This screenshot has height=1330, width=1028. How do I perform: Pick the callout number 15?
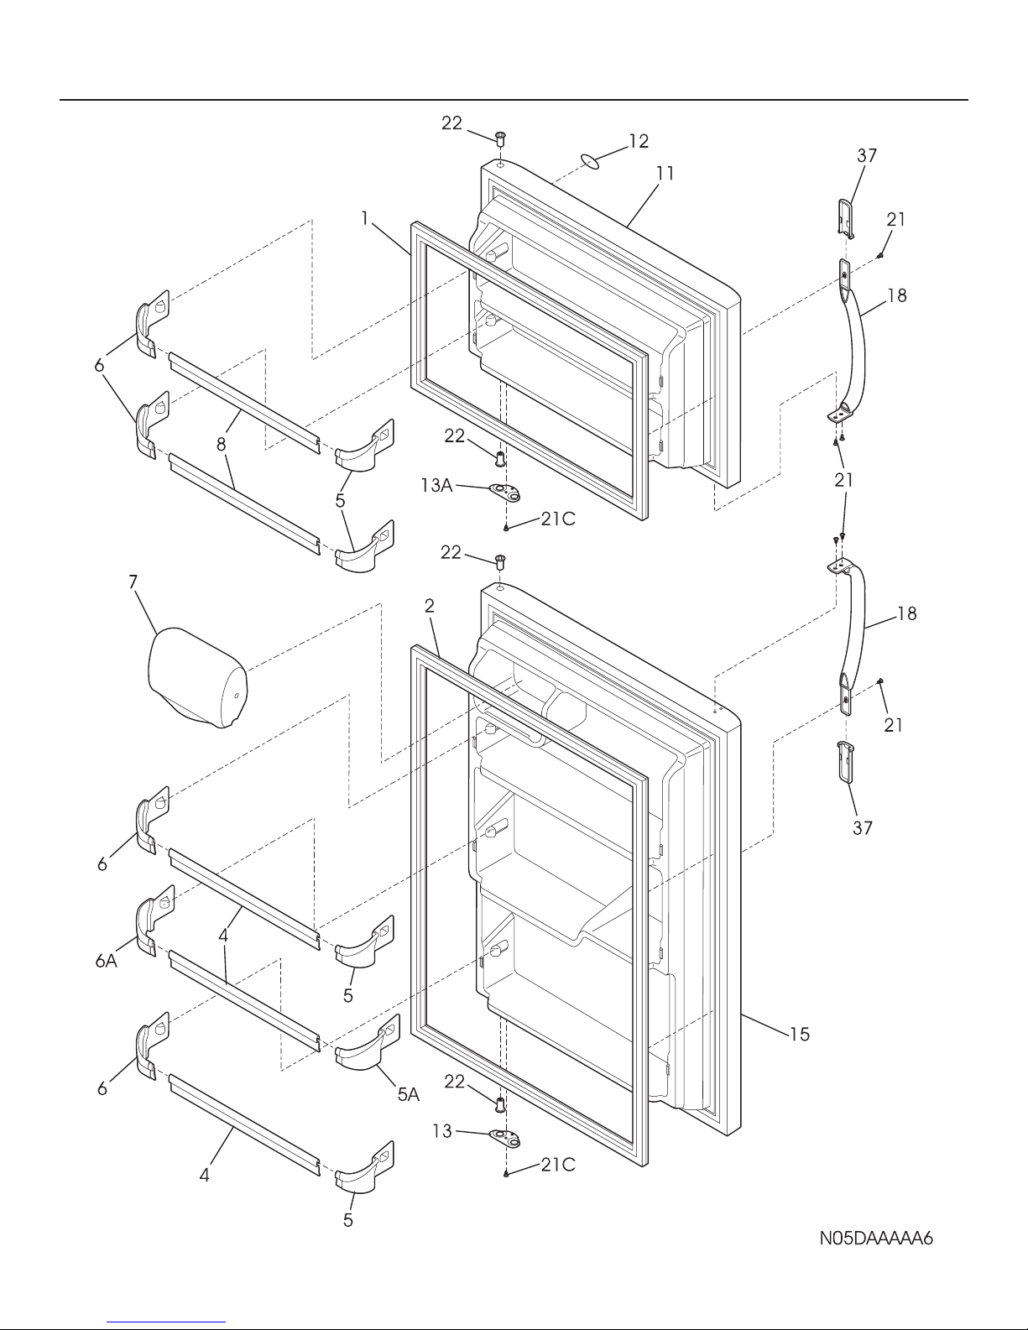[800, 1034]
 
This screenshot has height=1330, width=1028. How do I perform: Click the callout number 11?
[665, 175]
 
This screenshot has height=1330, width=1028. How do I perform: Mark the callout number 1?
[365, 218]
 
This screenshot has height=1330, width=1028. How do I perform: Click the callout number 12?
[638, 141]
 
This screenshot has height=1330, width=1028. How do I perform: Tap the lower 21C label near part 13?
[558, 1166]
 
